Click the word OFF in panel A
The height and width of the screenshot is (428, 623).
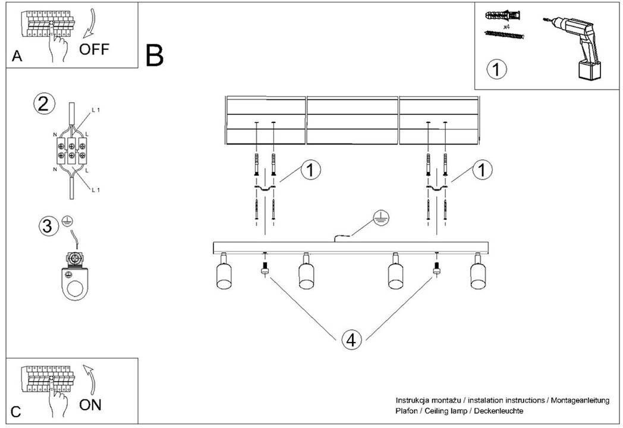94,49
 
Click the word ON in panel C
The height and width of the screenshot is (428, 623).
90,405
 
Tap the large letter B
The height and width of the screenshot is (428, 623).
155,56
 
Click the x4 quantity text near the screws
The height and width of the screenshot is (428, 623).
506,27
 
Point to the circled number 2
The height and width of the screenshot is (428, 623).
43,103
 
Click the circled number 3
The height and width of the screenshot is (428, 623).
48,226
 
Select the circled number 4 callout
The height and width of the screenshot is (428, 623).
351,340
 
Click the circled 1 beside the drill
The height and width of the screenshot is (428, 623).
496,69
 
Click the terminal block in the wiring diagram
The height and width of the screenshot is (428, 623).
71,150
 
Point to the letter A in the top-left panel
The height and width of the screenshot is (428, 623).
17,56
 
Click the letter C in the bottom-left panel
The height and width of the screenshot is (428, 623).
16,412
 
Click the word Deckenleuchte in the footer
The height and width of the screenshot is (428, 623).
498,411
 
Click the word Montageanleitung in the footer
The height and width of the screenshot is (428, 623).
580,401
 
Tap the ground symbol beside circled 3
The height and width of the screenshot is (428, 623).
68,221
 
